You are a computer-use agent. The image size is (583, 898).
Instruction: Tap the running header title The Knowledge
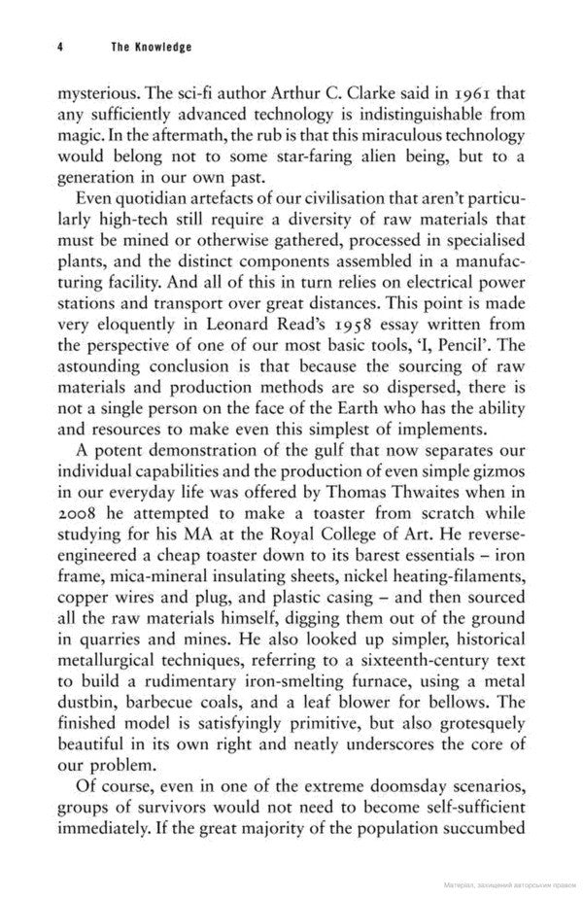tap(150, 46)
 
